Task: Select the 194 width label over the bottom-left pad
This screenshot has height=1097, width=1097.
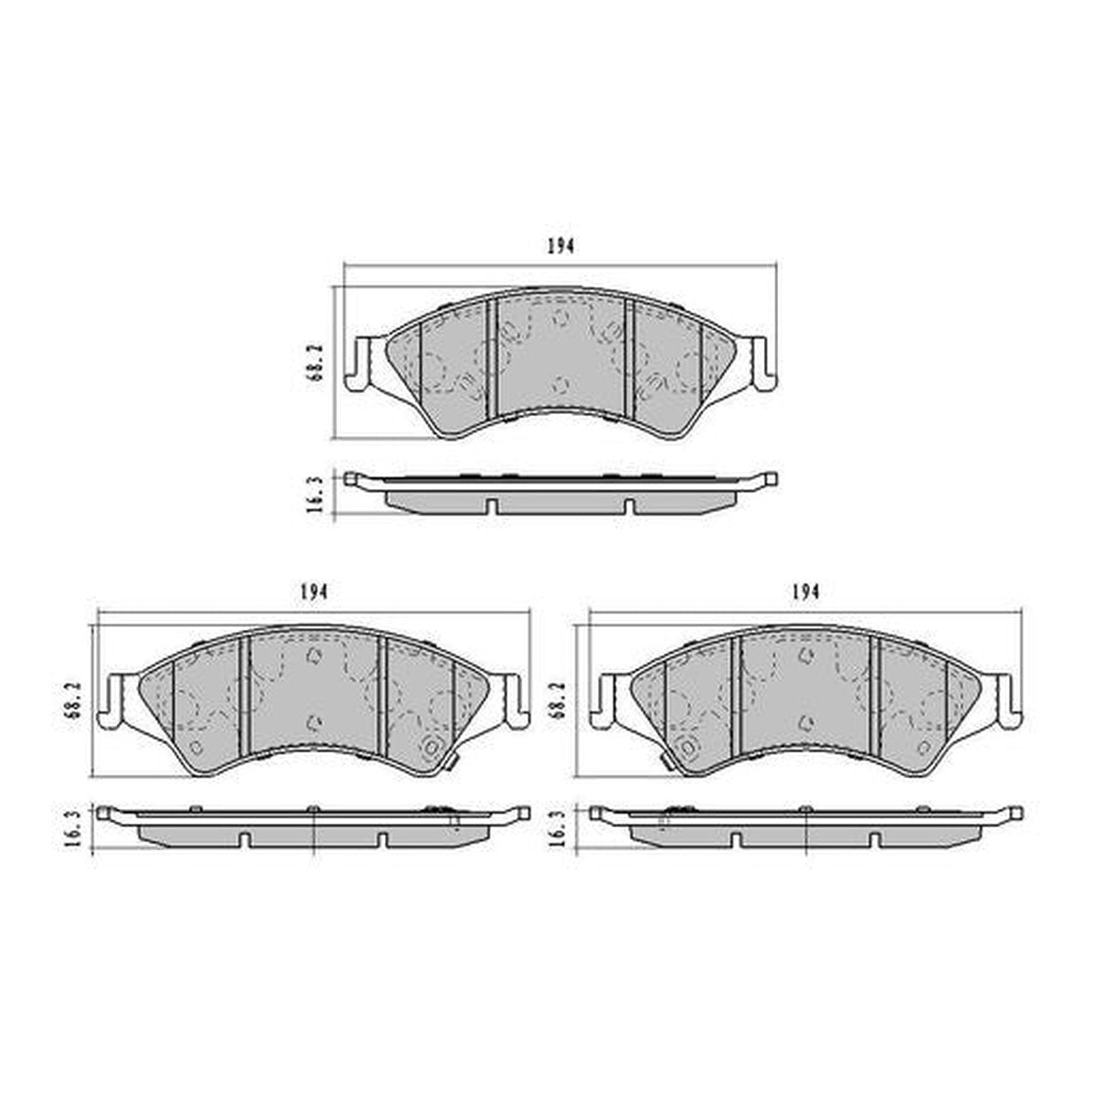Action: [313, 592]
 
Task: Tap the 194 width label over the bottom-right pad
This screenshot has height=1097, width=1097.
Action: [805, 592]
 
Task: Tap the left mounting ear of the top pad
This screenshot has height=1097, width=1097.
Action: [359, 363]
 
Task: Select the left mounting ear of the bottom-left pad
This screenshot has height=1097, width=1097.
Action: [116, 700]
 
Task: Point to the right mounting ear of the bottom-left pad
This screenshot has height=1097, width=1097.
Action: [514, 700]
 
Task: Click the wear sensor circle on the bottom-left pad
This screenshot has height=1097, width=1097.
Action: [430, 748]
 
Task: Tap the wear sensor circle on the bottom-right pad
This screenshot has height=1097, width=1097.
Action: [687, 748]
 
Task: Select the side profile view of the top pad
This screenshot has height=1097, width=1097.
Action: [559, 494]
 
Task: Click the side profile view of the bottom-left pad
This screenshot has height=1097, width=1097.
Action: [313, 827]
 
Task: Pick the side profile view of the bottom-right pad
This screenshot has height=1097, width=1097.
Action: [805, 827]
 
